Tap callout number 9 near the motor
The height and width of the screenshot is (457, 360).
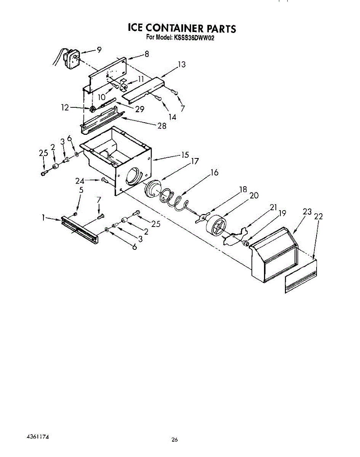pos(99,49)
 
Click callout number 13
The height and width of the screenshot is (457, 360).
pos(182,65)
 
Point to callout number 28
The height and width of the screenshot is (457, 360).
pos(162,126)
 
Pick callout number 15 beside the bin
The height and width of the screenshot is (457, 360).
pos(185,155)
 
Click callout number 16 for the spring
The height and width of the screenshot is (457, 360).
pos(214,173)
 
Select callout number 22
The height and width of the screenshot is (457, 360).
pos(318,216)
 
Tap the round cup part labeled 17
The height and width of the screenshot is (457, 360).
pos(154,189)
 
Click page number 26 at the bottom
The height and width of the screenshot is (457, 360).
pos(174,440)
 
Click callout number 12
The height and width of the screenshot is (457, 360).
pos(65,108)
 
